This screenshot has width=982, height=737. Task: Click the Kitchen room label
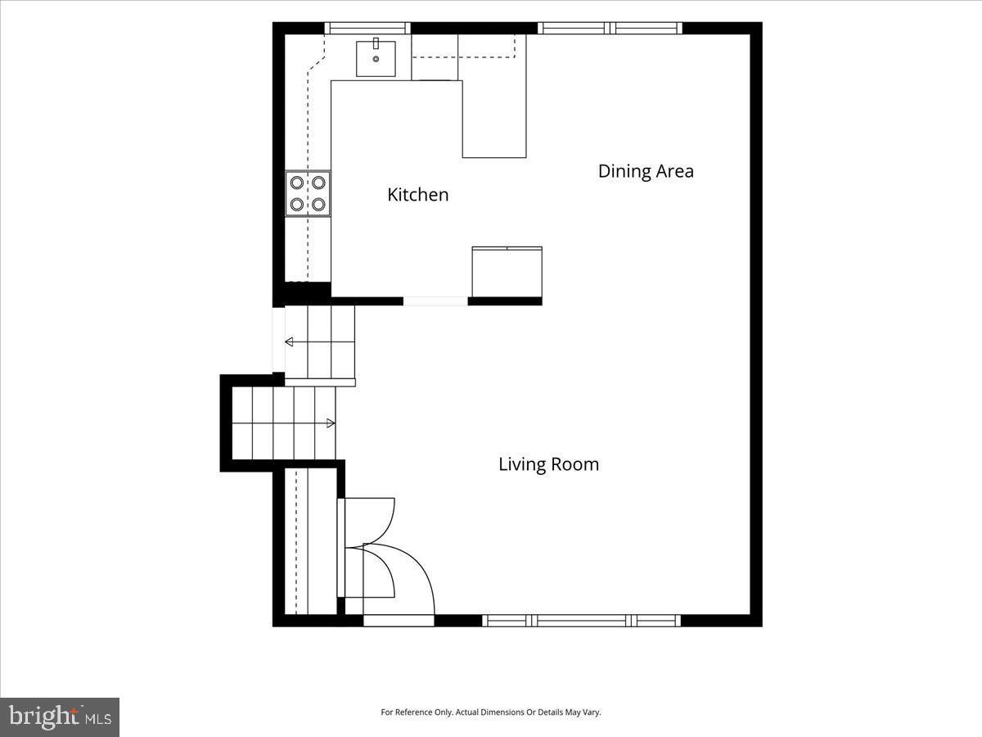point(418,195)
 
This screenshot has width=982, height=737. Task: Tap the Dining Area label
point(646,171)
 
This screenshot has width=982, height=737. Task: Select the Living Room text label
point(548,464)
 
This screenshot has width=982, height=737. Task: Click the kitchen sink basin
point(376,59)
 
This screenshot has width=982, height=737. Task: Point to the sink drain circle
point(376,59)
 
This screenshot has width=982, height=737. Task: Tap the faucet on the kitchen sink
point(376,43)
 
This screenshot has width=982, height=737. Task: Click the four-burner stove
point(308,193)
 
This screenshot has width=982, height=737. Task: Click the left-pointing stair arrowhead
point(289,341)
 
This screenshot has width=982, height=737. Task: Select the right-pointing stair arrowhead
point(331,423)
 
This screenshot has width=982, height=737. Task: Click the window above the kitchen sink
point(367,28)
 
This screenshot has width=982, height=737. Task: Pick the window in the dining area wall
point(610,28)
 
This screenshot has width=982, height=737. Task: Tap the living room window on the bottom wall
point(581,621)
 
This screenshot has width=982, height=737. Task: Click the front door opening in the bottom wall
point(399,621)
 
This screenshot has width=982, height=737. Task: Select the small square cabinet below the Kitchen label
point(507,272)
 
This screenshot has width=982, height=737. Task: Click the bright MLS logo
point(60,717)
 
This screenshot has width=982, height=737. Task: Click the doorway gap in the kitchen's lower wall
point(435,301)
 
